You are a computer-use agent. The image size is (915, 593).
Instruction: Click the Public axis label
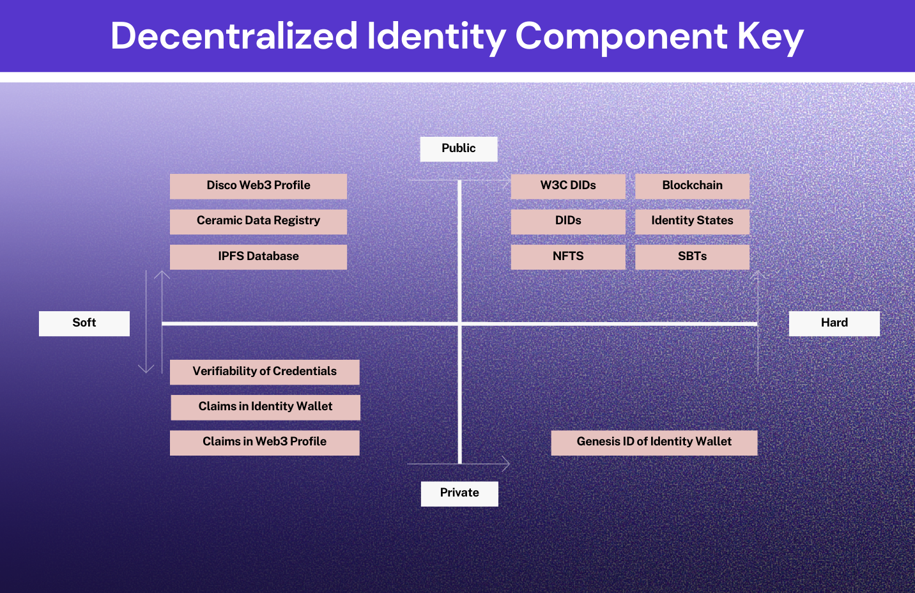coord(459,149)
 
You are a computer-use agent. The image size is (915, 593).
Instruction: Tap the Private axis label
coord(459,494)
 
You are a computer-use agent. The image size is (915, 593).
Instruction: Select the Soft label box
coord(84,323)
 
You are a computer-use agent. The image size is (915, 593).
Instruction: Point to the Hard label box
coord(834,323)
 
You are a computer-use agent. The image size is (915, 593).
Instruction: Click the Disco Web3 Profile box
coord(258,186)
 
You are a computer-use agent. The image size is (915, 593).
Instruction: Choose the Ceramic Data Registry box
coord(258,222)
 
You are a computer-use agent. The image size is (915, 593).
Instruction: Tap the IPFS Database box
coord(258,257)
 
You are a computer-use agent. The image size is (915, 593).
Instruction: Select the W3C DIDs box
coord(568,186)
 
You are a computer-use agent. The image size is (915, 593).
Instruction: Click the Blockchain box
coord(693,186)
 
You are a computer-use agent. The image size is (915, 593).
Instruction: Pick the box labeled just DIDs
coord(568,222)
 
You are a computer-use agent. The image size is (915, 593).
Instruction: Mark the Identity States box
coord(693,222)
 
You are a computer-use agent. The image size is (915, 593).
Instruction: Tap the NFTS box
coord(568,257)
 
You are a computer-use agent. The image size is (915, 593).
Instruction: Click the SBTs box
coord(693,257)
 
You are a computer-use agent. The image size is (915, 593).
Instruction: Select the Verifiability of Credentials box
coord(265,372)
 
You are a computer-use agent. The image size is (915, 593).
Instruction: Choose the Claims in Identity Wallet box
coord(266,407)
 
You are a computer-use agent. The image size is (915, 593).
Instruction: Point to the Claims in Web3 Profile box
coord(265,443)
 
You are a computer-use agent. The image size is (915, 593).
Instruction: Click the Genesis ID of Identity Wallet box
coord(654,443)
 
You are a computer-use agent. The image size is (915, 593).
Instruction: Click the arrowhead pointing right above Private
coord(505,464)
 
